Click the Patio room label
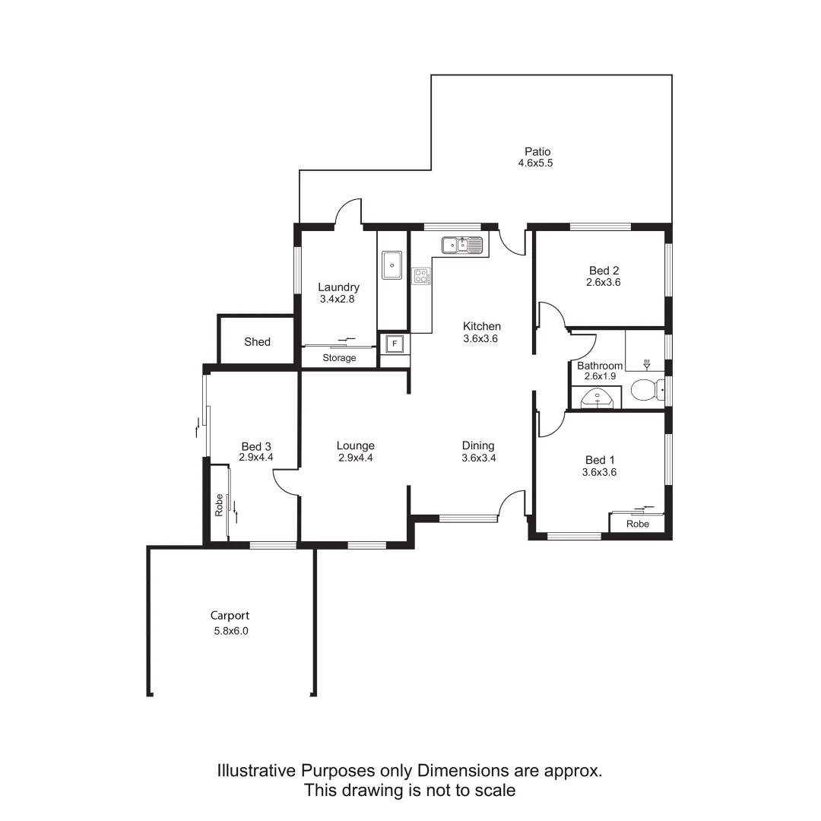(x=537, y=151)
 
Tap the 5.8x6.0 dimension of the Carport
(x=231, y=630)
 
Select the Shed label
(x=257, y=342)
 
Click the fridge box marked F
(x=394, y=344)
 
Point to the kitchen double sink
(x=462, y=245)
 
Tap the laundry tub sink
(x=392, y=265)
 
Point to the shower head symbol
(x=647, y=364)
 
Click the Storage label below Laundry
(x=339, y=358)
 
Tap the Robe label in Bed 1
(x=638, y=524)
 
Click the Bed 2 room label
(x=604, y=270)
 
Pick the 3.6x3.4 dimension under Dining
(x=479, y=458)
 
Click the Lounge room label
(x=356, y=446)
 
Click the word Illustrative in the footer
(x=255, y=771)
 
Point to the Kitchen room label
(x=482, y=326)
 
